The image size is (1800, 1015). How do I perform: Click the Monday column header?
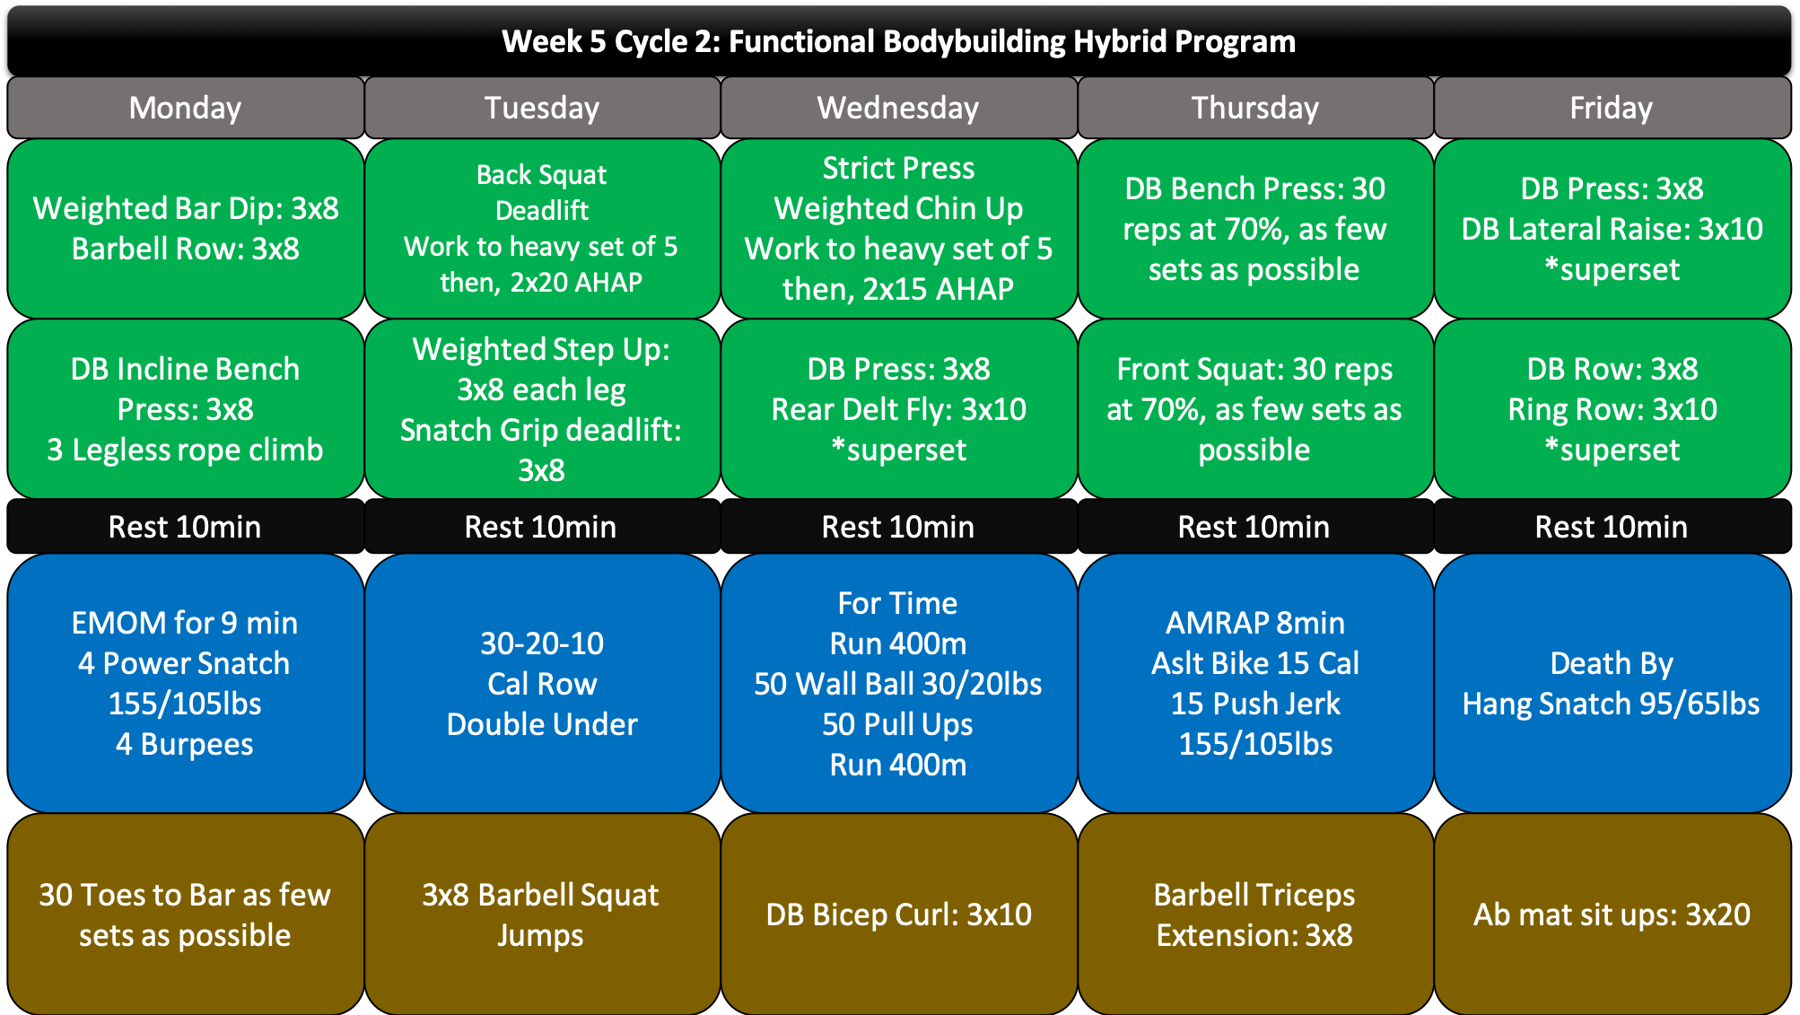(186, 108)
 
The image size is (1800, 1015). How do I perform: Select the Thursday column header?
(1255, 108)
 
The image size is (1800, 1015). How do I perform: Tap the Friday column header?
(1612, 108)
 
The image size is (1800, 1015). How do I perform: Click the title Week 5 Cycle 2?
(899, 41)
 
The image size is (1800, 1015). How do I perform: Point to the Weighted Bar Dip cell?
(186, 229)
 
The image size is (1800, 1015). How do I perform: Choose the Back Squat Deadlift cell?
(542, 229)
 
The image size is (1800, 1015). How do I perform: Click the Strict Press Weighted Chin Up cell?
(899, 229)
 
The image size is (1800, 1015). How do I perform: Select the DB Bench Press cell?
(1255, 229)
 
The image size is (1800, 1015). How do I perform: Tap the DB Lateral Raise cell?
(1612, 229)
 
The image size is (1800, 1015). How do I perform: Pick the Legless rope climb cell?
(186, 409)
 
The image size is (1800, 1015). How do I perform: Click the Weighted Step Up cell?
(542, 409)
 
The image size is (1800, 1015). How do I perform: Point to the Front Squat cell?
(1255, 409)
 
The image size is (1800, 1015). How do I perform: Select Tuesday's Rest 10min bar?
(542, 527)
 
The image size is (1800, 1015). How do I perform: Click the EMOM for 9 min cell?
(186, 684)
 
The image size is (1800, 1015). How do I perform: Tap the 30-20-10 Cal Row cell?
(542, 684)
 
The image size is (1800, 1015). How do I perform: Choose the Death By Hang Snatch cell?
(1612, 684)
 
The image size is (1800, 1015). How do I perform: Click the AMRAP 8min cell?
(1255, 684)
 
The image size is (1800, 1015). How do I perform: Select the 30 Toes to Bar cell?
(186, 914)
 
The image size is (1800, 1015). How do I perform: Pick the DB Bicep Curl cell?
(899, 914)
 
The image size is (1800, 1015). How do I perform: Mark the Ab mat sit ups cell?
(1612, 914)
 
